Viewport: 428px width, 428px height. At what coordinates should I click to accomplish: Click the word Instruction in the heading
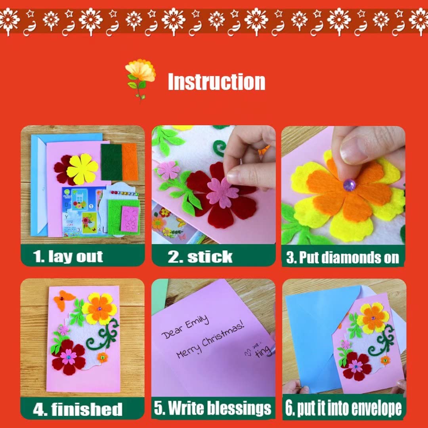click(216, 82)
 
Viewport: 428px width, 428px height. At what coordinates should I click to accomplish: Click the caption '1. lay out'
click(68, 256)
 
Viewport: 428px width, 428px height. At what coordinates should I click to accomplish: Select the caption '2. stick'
click(200, 256)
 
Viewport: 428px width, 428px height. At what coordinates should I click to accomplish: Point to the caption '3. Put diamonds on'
click(342, 258)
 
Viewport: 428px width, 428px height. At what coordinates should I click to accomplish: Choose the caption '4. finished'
click(78, 409)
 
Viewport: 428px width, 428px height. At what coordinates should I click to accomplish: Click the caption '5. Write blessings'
click(213, 408)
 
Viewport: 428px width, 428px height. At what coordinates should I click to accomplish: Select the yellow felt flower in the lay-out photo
click(82, 169)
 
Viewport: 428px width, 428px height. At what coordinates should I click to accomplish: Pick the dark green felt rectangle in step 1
click(111, 162)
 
